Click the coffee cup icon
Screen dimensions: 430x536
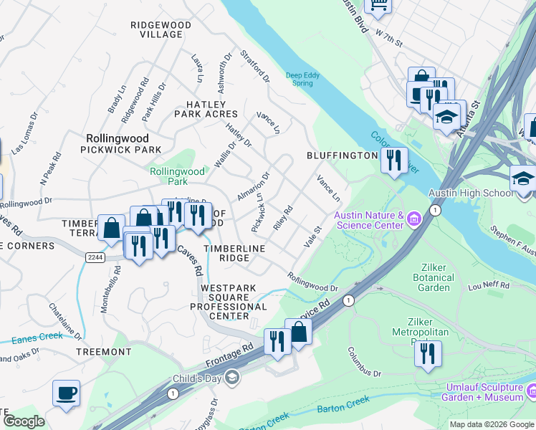tap(66, 393)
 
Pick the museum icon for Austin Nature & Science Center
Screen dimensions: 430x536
tap(414, 218)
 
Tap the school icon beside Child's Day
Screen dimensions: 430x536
tap(231, 377)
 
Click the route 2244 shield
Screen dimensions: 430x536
tap(94, 257)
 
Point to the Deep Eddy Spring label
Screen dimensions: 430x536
tap(300, 79)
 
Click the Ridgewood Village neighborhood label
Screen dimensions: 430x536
tap(161, 29)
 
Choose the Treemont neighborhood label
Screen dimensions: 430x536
tap(104, 352)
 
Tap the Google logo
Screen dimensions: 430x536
tap(24, 421)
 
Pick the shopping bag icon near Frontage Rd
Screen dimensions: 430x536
tap(298, 332)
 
